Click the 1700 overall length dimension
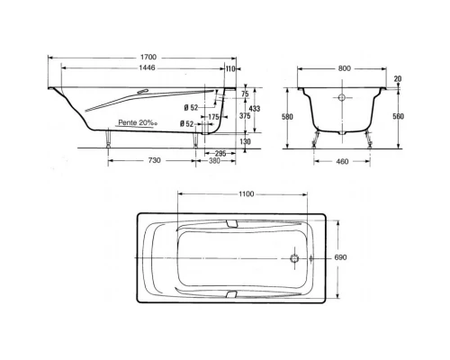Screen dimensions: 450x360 click(x=148, y=57)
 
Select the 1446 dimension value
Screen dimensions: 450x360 click(x=147, y=68)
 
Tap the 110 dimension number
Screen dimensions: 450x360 click(x=230, y=69)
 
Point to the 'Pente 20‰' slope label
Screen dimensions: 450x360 click(x=138, y=122)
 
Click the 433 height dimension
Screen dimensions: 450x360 click(x=255, y=109)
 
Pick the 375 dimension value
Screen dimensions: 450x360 click(x=245, y=116)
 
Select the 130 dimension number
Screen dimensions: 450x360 click(x=246, y=141)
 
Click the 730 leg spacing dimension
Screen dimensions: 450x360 click(x=155, y=160)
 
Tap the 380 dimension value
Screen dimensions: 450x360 click(x=214, y=161)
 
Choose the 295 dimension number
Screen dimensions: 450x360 click(x=220, y=154)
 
